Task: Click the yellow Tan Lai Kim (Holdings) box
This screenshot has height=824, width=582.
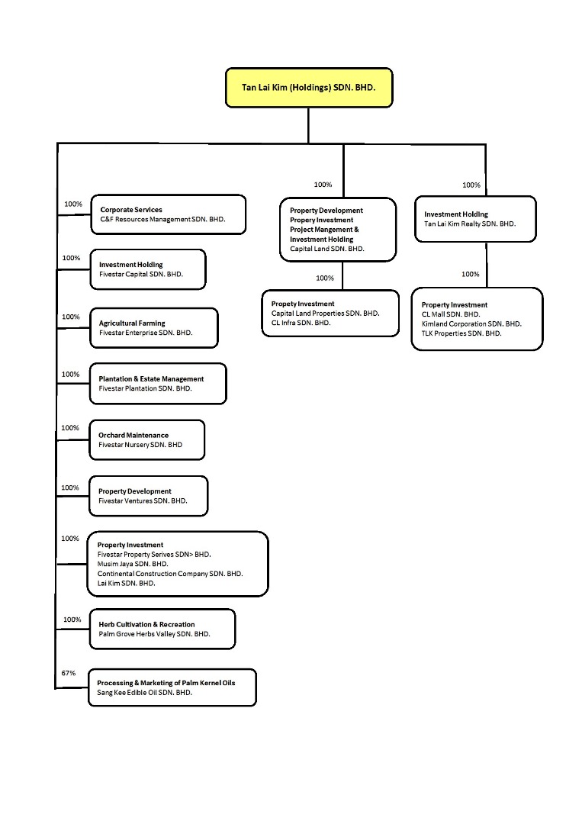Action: [x=309, y=88]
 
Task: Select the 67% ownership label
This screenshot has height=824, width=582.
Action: [x=69, y=673]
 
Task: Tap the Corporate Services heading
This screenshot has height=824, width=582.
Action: [x=131, y=210]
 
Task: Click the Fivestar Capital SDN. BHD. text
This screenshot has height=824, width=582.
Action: [x=141, y=275]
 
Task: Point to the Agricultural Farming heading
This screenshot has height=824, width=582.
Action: [x=132, y=323]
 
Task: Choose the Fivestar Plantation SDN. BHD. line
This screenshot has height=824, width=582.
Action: [x=146, y=388]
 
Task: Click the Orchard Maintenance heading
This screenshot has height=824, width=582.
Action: [x=133, y=435]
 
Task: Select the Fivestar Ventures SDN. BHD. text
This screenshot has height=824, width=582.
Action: [x=143, y=501]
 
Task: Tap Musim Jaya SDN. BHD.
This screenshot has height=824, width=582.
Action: [x=133, y=564]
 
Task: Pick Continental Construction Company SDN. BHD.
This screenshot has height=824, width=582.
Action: [x=170, y=574]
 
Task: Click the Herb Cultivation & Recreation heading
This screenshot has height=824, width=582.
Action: [x=146, y=624]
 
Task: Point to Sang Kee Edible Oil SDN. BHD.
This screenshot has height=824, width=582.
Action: [x=144, y=693]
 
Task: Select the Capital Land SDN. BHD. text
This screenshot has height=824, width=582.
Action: [x=327, y=249]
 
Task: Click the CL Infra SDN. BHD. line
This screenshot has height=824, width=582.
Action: [x=301, y=323]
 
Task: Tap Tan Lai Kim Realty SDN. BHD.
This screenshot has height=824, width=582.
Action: [x=470, y=224]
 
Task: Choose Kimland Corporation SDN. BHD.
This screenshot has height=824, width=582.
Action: [x=471, y=323]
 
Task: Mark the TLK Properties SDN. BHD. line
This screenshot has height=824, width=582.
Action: [x=461, y=333]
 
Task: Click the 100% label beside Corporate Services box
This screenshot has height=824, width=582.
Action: [x=73, y=204]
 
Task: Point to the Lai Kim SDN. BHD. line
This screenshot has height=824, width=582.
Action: [x=127, y=584]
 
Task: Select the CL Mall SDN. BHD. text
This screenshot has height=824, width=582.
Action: [x=451, y=314]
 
